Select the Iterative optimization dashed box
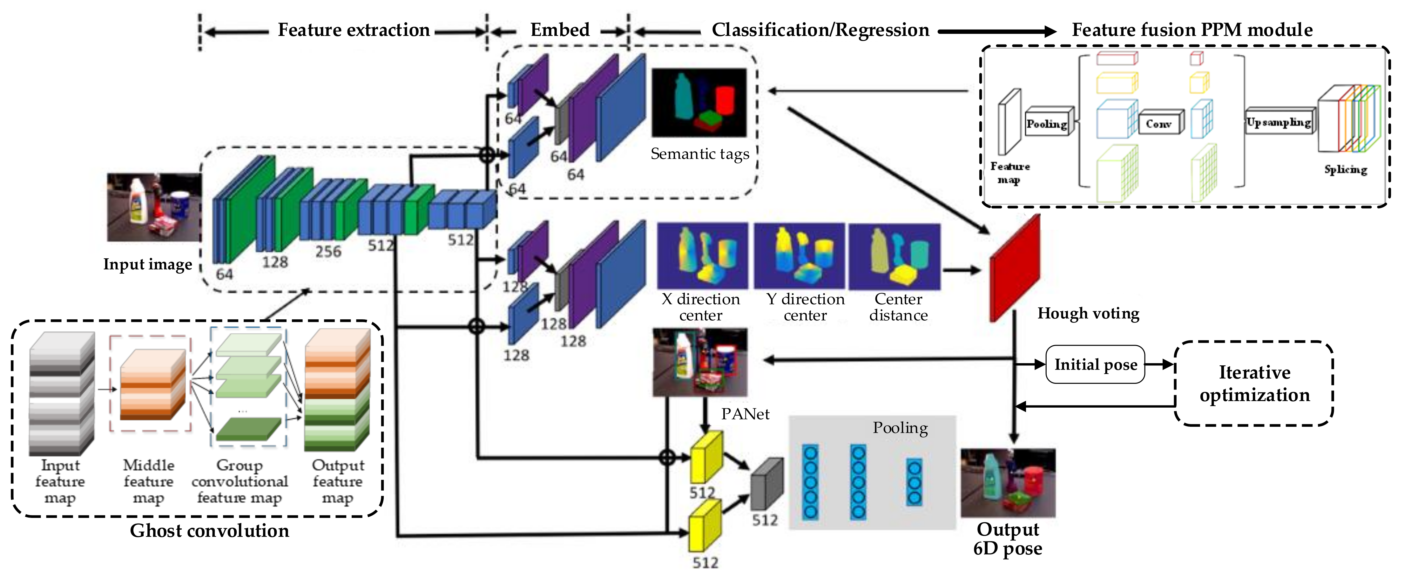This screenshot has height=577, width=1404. (1253, 384)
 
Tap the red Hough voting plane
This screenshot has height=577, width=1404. (1015, 268)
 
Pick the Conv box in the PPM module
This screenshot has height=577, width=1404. (1159, 123)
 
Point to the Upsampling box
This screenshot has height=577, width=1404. (1279, 122)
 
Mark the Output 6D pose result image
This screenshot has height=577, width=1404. (1008, 483)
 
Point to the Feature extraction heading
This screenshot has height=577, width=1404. (354, 30)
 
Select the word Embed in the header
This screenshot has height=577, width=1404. (560, 30)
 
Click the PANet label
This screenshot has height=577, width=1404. (745, 414)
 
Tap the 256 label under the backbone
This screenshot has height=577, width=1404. (328, 251)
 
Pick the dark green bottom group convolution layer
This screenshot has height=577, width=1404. (248, 429)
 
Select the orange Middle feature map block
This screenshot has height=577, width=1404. (152, 384)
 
